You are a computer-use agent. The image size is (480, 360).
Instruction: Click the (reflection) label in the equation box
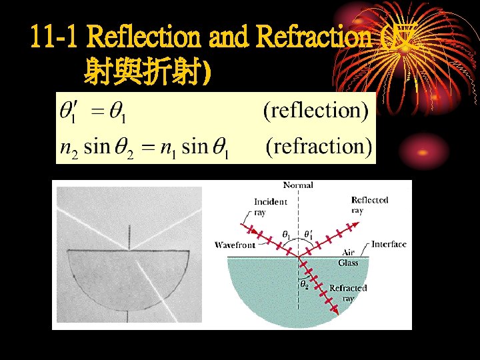point(315,110)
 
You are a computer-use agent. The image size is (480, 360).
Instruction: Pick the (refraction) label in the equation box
point(319,146)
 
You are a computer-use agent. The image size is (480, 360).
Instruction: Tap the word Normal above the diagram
point(298,185)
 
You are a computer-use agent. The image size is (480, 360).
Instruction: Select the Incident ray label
point(270,206)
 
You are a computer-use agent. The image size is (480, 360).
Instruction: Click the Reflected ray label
point(369,205)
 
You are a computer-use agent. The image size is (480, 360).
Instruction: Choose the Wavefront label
point(235,245)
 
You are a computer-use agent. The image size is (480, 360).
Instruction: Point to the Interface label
point(389,244)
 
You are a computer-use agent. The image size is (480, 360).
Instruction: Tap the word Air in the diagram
point(348,253)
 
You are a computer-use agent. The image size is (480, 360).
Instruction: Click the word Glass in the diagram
point(348,263)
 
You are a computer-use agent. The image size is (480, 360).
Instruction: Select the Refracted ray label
point(347,293)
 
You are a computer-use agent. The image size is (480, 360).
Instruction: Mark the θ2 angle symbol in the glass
point(304,284)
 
